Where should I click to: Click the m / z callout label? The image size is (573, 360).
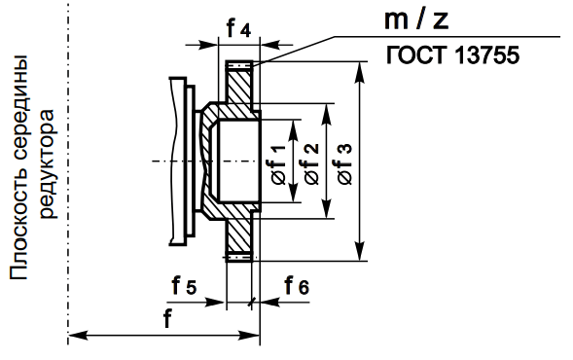coord(416,20)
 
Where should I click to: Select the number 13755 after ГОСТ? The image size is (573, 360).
coord(486,55)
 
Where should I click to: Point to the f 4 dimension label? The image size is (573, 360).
coord(238,28)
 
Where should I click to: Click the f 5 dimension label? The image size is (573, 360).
coord(184,285)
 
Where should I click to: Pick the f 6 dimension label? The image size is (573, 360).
coord(297,285)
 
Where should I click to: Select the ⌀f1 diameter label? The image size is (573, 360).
coord(278,164)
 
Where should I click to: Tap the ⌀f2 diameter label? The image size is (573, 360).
coord(311,163)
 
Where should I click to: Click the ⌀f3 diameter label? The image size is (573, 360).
coord(344,163)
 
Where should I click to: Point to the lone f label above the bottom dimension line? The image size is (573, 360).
coord(167,319)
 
